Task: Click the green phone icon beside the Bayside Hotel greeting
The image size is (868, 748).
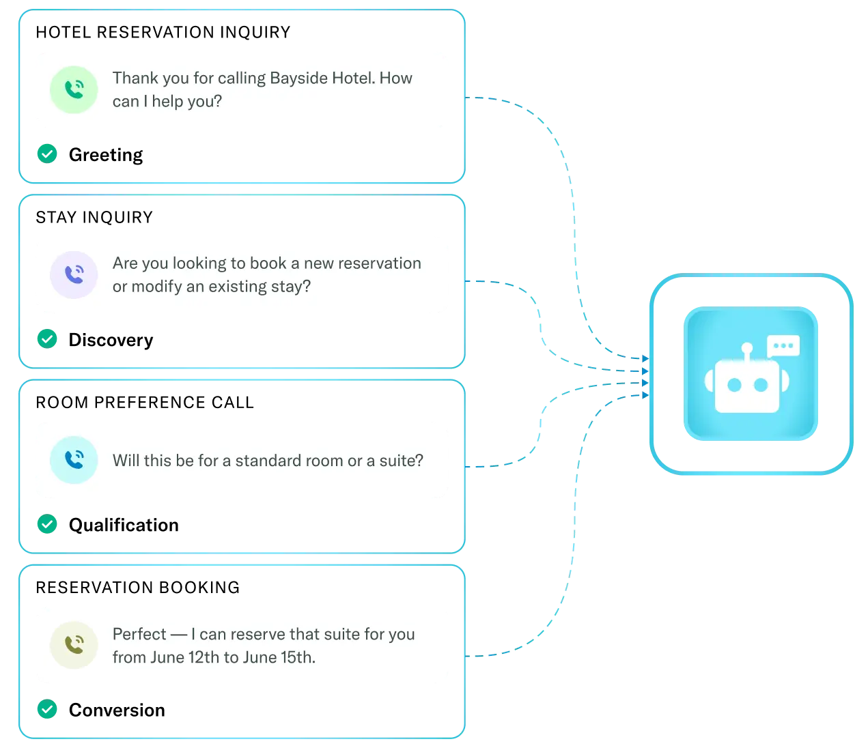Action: [74, 89]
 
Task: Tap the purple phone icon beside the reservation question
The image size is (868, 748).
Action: [74, 275]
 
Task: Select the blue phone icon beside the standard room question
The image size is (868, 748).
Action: [74, 460]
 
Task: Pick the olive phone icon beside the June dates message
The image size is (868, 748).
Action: [74, 645]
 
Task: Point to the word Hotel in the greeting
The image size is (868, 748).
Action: [352, 78]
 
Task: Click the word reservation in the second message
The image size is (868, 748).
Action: [379, 263]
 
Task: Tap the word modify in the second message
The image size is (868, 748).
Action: [156, 287]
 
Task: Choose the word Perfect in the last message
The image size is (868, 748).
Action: [139, 634]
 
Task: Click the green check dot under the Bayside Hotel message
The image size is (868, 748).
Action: [46, 154]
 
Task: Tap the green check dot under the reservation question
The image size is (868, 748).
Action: [46, 339]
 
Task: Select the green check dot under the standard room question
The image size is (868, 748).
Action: [46, 524]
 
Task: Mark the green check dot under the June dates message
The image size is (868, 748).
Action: [46, 709]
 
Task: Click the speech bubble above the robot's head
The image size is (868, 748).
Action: [783, 346]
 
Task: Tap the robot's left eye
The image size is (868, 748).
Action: [734, 386]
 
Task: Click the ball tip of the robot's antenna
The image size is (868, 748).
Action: [747, 348]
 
